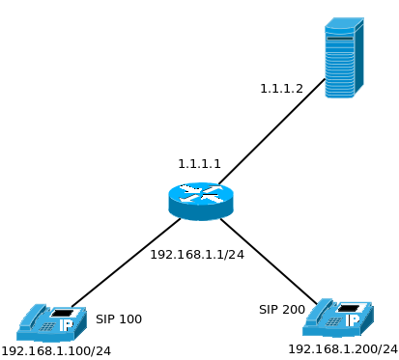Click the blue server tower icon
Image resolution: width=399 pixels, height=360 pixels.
coord(343,58)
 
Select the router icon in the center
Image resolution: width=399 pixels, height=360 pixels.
coord(201,200)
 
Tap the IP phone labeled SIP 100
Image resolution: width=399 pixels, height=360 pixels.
coord(51,322)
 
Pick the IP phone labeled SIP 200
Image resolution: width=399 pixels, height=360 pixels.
coord(337,318)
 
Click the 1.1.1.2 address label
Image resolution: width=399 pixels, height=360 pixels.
coord(281,88)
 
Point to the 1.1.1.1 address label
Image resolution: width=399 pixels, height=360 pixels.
coord(199,164)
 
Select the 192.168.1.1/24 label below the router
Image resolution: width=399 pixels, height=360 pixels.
coord(197,255)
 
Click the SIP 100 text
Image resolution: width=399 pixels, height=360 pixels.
coord(119,319)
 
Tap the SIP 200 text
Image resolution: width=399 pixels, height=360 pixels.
coord(282,310)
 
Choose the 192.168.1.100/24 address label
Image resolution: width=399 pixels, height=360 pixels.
coord(56,350)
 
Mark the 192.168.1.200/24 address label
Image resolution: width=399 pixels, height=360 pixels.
coord(343,348)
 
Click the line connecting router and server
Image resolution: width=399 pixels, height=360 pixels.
coord(272,132)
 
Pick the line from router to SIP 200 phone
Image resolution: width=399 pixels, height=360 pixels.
coord(268,261)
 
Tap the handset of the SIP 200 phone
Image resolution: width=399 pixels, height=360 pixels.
coord(321,311)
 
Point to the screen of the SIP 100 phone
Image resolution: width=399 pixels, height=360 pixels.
coord(63,313)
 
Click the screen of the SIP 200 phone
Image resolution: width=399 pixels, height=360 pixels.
coord(349,308)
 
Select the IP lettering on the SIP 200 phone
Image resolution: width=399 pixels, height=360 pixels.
coord(353,320)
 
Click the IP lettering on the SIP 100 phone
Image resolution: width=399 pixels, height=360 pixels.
coord(66,326)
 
